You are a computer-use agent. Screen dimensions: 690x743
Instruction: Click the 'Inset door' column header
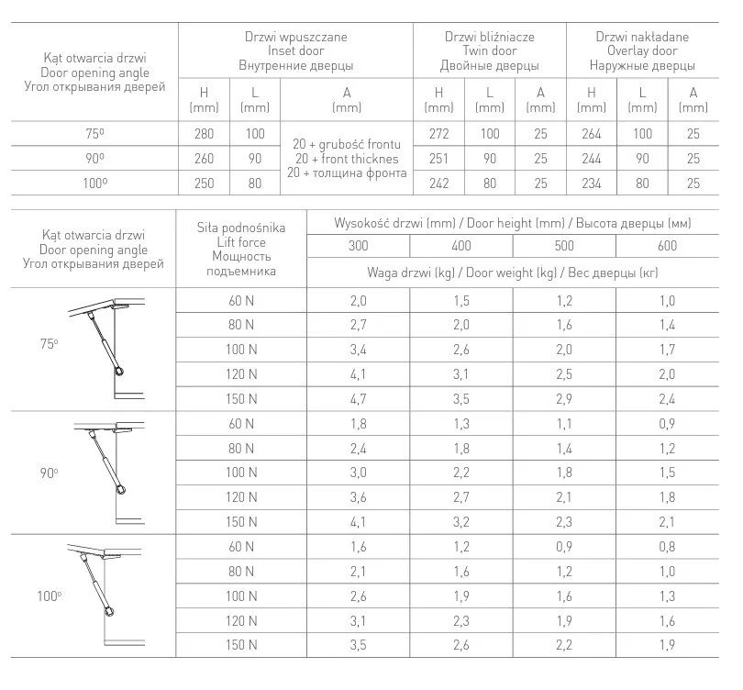click(x=295, y=51)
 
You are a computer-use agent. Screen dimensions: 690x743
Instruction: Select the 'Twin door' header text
click(x=489, y=51)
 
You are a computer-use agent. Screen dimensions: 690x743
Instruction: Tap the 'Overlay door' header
click(x=642, y=51)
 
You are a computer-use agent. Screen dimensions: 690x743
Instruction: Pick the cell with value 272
click(x=438, y=134)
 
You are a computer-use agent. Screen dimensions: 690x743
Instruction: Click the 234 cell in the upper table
click(x=592, y=184)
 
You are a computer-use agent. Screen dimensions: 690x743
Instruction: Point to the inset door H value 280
click(x=204, y=134)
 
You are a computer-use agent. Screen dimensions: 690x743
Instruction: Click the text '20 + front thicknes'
click(x=347, y=158)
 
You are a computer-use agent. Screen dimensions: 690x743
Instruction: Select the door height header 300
click(x=358, y=246)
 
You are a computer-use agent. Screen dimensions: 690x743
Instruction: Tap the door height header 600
click(x=667, y=246)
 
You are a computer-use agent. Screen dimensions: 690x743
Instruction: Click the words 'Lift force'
click(x=241, y=242)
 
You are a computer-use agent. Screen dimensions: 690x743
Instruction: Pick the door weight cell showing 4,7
click(x=358, y=399)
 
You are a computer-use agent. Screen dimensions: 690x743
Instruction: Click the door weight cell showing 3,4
click(x=358, y=350)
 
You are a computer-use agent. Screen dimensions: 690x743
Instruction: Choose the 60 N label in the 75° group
click(x=241, y=301)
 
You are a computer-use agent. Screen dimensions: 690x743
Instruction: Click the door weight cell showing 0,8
click(x=667, y=548)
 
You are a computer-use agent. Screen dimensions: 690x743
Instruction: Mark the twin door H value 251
click(x=438, y=159)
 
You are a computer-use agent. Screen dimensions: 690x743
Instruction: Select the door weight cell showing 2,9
click(x=564, y=399)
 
